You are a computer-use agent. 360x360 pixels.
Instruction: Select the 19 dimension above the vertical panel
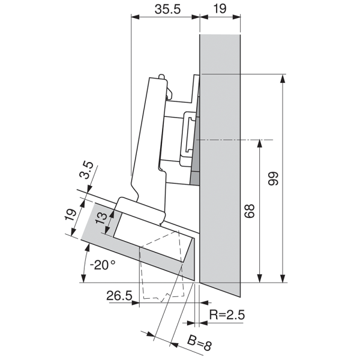point(220,10)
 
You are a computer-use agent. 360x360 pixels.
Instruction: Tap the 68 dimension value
point(251,211)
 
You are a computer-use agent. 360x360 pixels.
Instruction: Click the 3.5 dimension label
point(88,170)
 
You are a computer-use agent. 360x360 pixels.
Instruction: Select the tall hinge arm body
point(147,138)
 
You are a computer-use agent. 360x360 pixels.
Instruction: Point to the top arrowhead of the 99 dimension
point(281,78)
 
